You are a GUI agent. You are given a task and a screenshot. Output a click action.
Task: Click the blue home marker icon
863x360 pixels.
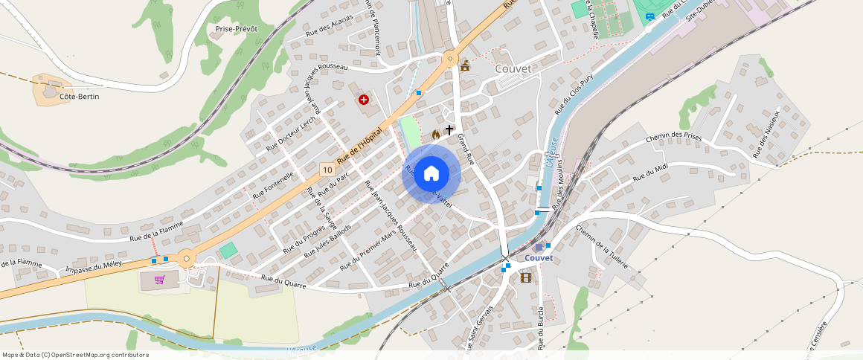[431, 174]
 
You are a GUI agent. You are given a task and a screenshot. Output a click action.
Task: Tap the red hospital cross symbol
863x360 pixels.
[364, 99]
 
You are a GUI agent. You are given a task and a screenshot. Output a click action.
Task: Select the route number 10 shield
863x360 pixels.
[327, 170]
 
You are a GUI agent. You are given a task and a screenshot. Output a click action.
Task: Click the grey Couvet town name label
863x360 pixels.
[513, 68]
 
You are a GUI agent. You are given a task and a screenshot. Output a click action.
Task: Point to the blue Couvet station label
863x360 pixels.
[539, 258]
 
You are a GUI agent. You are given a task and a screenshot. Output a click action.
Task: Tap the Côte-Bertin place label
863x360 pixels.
[79, 97]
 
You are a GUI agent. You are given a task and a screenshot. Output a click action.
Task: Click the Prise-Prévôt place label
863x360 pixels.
[236, 29]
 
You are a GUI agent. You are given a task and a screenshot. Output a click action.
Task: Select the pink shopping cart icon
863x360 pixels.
[159, 280]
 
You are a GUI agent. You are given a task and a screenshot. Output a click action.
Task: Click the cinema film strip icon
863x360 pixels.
[526, 277]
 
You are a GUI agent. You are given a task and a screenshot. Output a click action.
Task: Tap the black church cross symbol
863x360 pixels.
[449, 130]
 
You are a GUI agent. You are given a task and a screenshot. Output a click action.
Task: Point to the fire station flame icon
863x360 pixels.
[436, 135]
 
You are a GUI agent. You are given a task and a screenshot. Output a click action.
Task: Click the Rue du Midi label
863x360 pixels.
[649, 174]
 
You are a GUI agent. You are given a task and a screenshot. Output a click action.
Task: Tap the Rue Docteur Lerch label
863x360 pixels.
[291, 134]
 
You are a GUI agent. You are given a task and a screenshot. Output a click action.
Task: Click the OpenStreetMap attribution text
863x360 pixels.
[75, 355]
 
